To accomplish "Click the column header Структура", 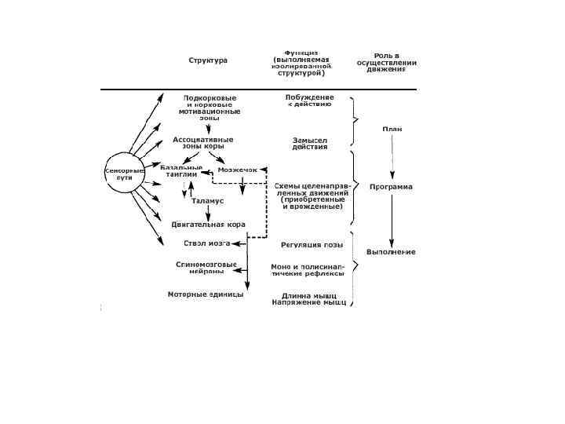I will (208, 60).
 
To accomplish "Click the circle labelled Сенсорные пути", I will (124, 174).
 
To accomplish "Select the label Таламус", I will (208, 201).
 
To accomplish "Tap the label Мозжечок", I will (237, 170).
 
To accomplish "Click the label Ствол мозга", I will (206, 243).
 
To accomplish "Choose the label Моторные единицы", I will (206, 294).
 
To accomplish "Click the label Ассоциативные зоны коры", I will (204, 142).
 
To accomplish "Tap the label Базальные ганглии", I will (182, 170).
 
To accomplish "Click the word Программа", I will (392, 187).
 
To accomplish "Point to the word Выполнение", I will (391, 251).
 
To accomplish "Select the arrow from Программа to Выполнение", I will (392, 219).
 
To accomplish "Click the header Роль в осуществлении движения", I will (386, 62).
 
